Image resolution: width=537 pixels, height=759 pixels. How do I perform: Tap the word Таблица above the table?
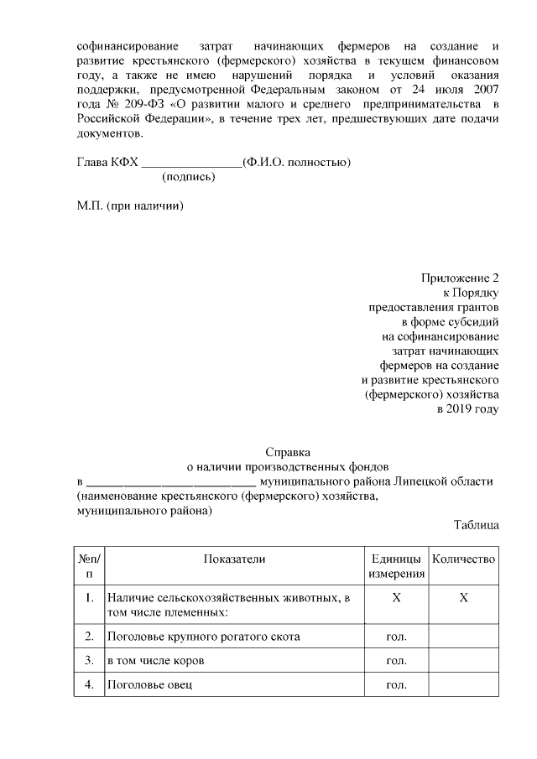[x=476, y=525]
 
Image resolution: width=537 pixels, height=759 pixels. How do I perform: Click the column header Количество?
[x=462, y=559]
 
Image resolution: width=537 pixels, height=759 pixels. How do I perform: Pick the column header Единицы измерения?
[x=396, y=566]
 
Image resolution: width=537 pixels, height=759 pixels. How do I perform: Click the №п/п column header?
[x=89, y=566]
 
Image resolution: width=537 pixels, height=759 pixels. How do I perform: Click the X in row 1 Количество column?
[x=463, y=598]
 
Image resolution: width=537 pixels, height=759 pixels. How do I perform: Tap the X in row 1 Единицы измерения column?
[x=396, y=598]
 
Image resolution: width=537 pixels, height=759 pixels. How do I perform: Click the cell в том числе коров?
[x=156, y=661]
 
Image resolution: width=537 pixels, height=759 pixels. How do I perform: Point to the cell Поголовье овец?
[x=149, y=685]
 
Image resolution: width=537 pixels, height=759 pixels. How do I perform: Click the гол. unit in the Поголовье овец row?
[x=396, y=685]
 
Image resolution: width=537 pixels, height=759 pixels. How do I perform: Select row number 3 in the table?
[x=89, y=661]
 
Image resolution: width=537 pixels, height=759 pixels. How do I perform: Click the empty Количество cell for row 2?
[x=463, y=637]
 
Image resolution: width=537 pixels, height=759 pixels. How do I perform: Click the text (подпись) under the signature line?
[x=188, y=177]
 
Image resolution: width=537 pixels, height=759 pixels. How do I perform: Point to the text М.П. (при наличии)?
[x=129, y=205]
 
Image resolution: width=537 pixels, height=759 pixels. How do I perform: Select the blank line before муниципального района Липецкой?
[x=171, y=482]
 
